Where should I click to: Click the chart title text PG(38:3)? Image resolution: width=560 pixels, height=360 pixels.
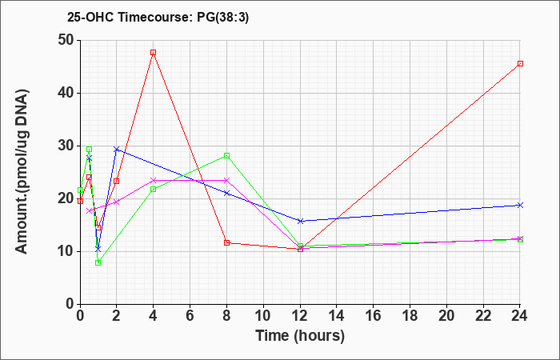click(222, 18)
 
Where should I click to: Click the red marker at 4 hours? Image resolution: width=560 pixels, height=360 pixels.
click(154, 53)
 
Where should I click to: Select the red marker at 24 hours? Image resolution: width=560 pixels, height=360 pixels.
click(520, 63)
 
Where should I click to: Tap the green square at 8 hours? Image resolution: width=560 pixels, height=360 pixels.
click(226, 155)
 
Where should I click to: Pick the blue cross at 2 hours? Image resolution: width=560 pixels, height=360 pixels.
click(117, 150)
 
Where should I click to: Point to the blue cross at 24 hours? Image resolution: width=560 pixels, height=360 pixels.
click(520, 205)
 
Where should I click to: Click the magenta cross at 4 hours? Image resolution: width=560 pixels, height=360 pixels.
click(154, 180)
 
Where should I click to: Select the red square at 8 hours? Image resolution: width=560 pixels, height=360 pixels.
click(226, 243)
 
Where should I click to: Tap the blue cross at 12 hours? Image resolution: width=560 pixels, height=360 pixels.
click(300, 221)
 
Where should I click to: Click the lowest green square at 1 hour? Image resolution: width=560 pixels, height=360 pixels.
click(98, 263)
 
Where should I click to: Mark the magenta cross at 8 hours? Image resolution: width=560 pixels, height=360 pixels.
click(226, 180)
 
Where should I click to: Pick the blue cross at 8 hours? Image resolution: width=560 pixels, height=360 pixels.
click(226, 194)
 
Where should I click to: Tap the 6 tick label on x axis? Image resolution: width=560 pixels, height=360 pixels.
click(190, 316)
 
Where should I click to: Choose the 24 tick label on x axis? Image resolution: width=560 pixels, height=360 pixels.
click(520, 316)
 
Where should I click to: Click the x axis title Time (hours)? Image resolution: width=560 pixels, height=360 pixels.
click(300, 335)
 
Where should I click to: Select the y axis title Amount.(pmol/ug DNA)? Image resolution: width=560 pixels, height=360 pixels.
click(22, 171)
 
